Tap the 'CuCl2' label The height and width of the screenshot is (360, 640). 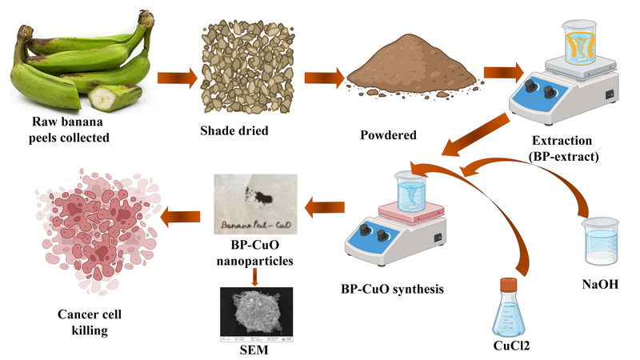509,347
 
